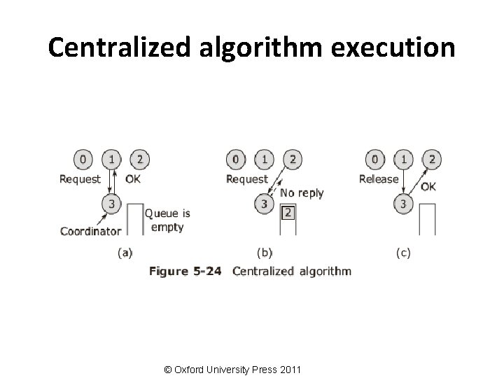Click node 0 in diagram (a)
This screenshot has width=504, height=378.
click(x=83, y=160)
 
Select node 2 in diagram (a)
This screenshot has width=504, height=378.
click(x=139, y=160)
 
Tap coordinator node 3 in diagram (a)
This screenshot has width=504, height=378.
click(x=111, y=204)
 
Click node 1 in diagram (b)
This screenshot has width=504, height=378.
click(x=264, y=160)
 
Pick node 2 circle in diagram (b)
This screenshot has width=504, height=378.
click(x=292, y=160)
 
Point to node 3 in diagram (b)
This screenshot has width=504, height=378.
click(x=264, y=204)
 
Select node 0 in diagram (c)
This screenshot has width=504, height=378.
click(x=377, y=160)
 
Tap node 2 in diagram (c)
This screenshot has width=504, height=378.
click(x=432, y=160)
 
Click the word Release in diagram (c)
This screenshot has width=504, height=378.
click(x=379, y=178)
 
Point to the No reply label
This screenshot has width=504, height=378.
click(x=302, y=192)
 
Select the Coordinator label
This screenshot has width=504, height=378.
click(x=91, y=231)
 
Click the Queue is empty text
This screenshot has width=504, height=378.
click(x=167, y=220)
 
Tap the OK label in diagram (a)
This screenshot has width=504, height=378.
click(x=134, y=178)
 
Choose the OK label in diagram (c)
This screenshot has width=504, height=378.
click(x=428, y=187)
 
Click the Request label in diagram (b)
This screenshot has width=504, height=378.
click(x=247, y=178)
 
